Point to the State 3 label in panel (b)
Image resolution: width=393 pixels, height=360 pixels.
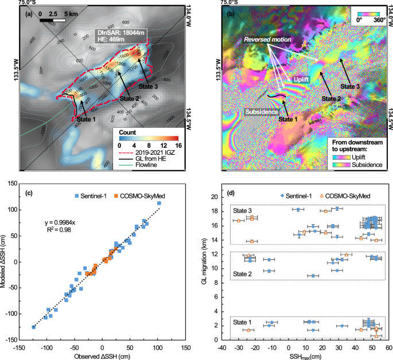[x=351, y=86]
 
